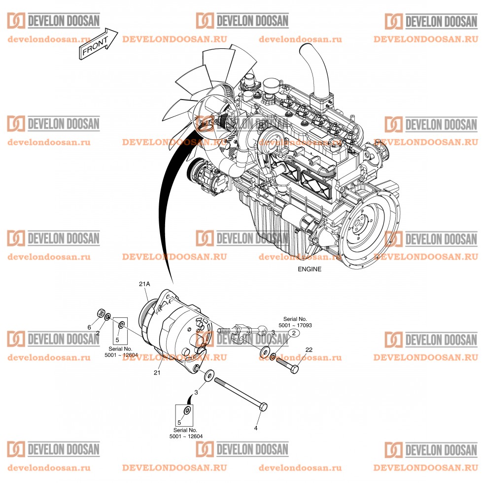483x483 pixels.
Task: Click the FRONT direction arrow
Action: click(x=98, y=45)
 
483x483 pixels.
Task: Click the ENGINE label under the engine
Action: click(x=309, y=269)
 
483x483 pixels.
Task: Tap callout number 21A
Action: click(x=144, y=284)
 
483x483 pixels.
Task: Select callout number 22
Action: click(x=309, y=350)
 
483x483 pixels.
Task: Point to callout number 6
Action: click(x=90, y=327)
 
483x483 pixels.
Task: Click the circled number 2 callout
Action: click(x=293, y=334)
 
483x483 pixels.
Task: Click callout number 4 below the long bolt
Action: click(x=256, y=428)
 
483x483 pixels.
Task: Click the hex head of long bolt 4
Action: click(x=263, y=407)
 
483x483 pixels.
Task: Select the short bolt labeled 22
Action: click(x=286, y=365)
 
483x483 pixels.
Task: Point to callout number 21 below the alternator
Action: click(x=157, y=373)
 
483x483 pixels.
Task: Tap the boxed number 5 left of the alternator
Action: click(x=117, y=340)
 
